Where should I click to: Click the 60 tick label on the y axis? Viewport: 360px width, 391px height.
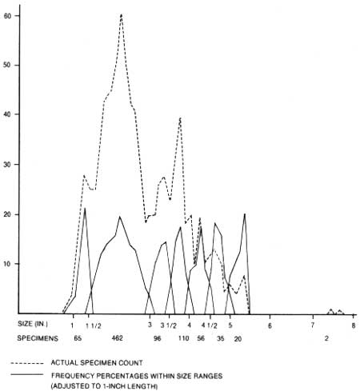coord(7,16)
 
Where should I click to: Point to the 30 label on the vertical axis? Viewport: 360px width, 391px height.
coord(7,165)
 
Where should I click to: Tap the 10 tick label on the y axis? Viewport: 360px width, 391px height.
coord(7,264)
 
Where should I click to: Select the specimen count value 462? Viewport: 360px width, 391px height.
coord(118,338)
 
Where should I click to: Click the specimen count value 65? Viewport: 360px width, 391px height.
coord(78,338)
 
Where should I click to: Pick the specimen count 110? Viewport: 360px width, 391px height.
coord(183,338)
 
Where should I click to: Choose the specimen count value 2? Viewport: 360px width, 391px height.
coord(326,338)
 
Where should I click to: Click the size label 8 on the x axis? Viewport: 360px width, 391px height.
coord(354,325)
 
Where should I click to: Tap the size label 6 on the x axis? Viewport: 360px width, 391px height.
coord(270,325)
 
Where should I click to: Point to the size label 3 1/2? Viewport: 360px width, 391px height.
coord(168,325)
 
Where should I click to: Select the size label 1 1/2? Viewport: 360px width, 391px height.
coord(94,325)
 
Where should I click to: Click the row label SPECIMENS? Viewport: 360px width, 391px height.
coord(38,338)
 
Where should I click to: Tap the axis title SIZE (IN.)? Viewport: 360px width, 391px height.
coord(33,324)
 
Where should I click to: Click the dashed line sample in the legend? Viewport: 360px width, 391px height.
coord(27,363)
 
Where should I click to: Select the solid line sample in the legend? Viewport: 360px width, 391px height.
coord(27,374)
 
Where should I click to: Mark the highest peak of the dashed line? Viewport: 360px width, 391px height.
coord(122,15)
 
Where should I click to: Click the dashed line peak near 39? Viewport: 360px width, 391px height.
coord(180,118)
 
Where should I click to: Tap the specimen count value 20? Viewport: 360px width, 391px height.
coord(238,339)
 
